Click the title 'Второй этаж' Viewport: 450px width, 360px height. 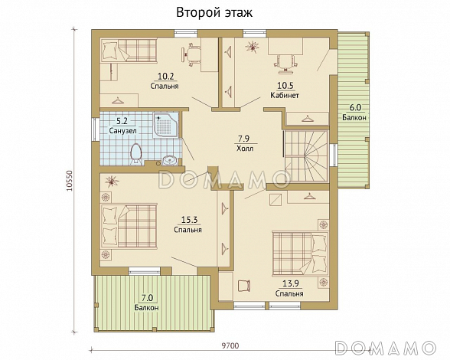[214, 13]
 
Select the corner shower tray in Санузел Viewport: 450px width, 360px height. [167, 126]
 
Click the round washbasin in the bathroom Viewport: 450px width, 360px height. [171, 160]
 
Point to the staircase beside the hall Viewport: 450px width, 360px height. [306, 155]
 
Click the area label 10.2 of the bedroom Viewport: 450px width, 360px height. [166, 76]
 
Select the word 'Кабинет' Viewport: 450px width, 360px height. [285, 96]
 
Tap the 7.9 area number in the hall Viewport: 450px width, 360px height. [243, 139]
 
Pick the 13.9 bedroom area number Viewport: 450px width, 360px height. [291, 283]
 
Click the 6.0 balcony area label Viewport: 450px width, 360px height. [355, 108]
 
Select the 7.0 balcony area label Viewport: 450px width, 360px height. [147, 298]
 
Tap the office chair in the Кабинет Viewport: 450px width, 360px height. [285, 63]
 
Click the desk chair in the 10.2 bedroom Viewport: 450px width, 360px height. [191, 54]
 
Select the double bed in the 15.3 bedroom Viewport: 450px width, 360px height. [129, 226]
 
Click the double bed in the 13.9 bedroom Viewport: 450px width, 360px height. [301, 254]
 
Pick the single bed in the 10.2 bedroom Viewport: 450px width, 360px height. [129, 51]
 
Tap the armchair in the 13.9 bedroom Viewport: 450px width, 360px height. [244, 286]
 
